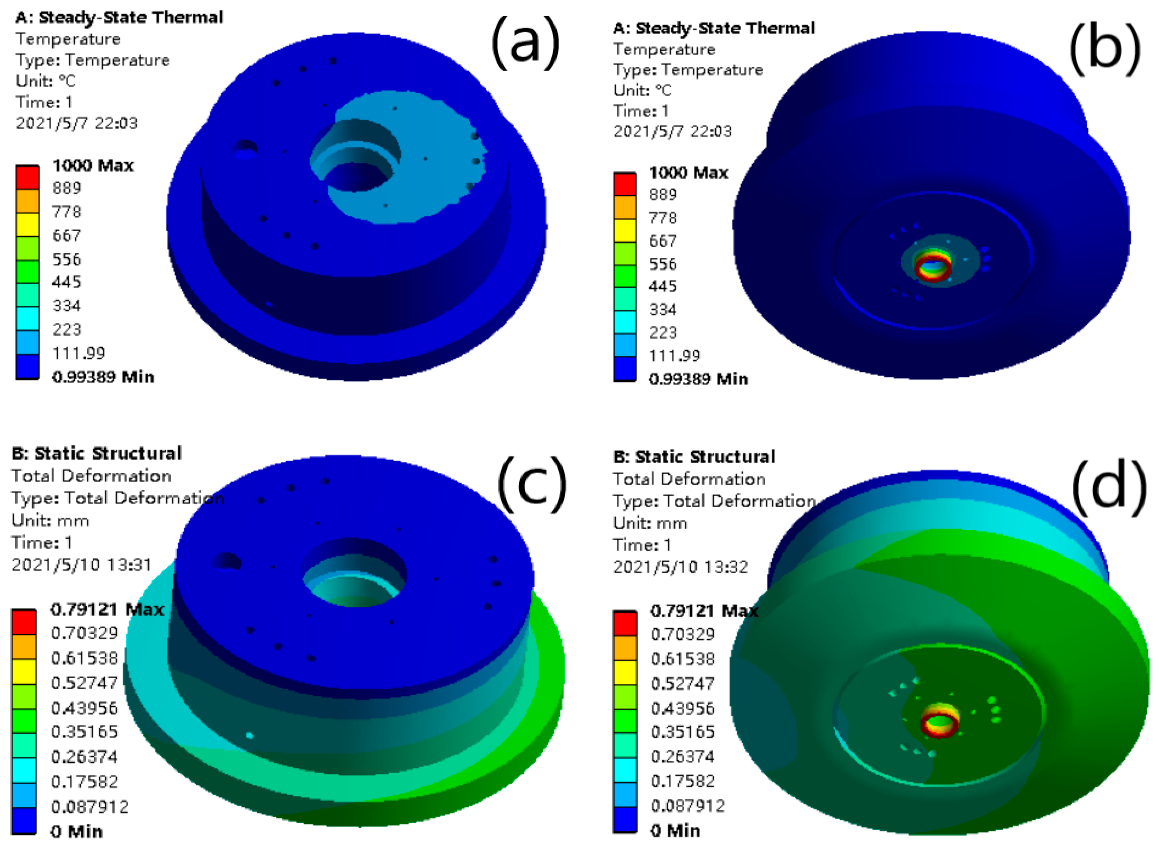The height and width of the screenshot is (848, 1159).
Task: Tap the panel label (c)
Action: pos(531,485)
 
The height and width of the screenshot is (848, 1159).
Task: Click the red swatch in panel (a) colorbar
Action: pos(27,177)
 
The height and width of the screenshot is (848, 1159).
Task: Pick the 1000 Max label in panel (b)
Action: pos(688,173)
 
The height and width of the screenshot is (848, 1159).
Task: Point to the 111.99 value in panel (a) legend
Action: pos(79,353)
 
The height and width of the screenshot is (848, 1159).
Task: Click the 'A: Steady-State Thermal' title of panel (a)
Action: pos(119,17)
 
